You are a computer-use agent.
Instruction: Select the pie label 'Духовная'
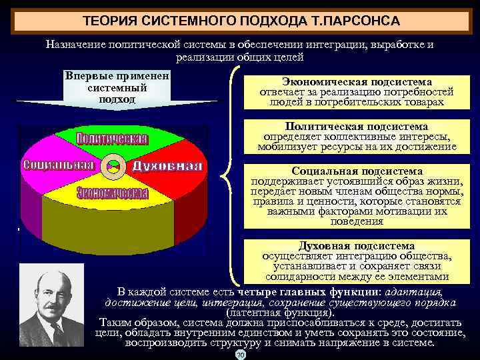[x=167, y=165]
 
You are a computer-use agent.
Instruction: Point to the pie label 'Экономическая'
[x=111, y=193]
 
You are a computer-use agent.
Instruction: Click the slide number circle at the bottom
[x=241, y=355]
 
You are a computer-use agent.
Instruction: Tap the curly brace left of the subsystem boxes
[x=231, y=177]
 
